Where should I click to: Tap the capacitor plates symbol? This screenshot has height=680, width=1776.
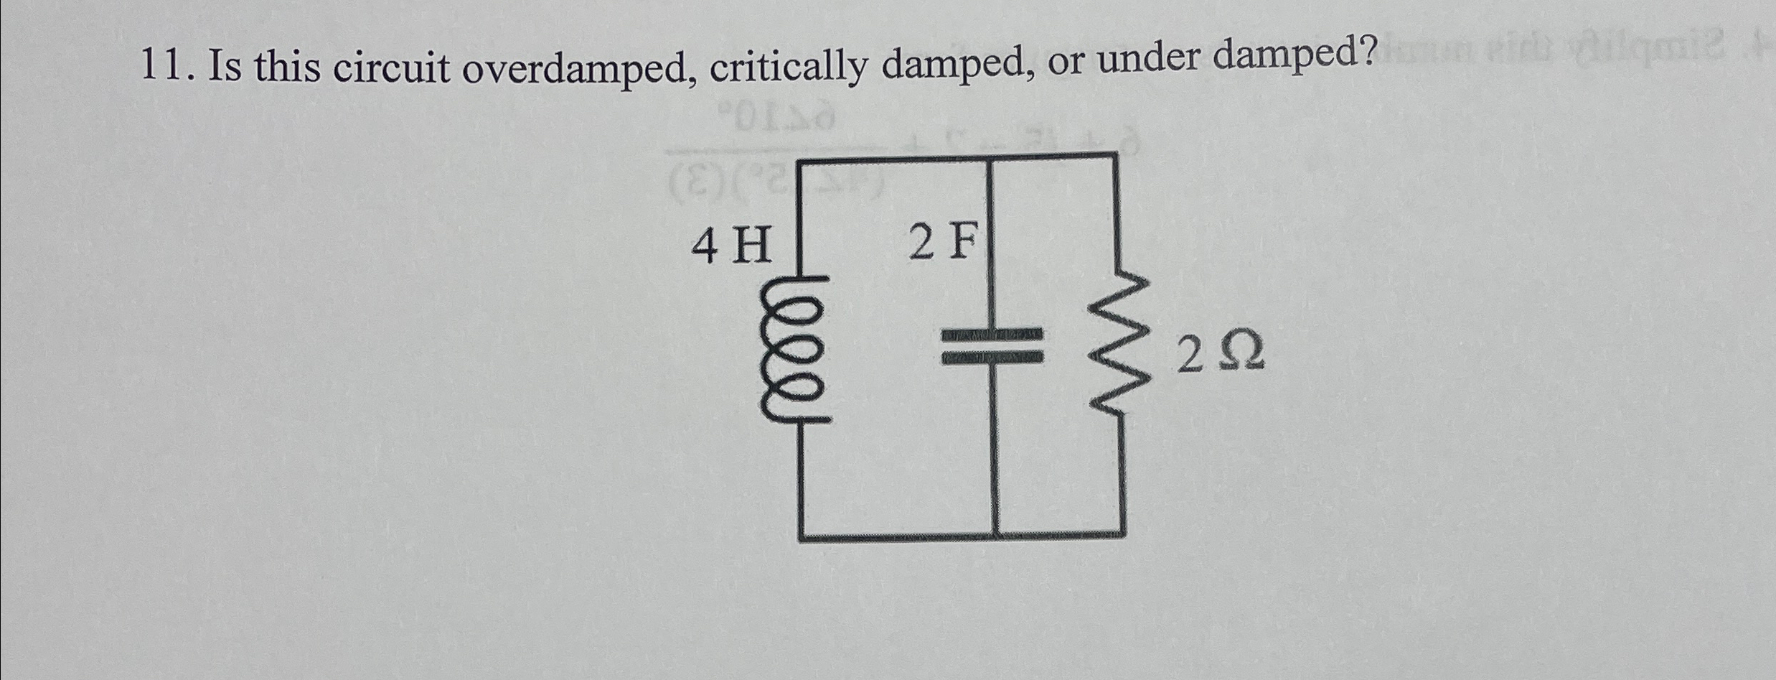click(992, 346)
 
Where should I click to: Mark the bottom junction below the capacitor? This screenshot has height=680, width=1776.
click(996, 536)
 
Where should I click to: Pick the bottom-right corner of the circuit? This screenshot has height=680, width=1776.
click(1123, 535)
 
